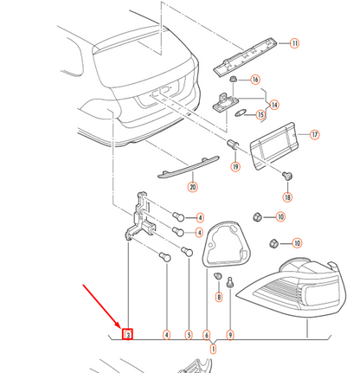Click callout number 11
pyautogui.click(x=294, y=43)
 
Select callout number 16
pyautogui.click(x=255, y=80)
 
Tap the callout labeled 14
pyautogui.click(x=274, y=105)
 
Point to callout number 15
pyautogui.click(x=260, y=114)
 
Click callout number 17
pyautogui.click(x=314, y=134)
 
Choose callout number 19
pyautogui.click(x=235, y=166)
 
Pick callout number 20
pyautogui.click(x=193, y=187)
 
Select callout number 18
pyautogui.click(x=287, y=197)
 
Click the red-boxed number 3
pyautogui.click(x=127, y=334)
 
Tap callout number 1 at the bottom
pyautogui.click(x=213, y=349)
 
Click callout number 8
pyautogui.click(x=219, y=297)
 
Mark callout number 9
pyautogui.click(x=230, y=335)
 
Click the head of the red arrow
pyautogui.click(x=120, y=327)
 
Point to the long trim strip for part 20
pyautogui.click(x=189, y=167)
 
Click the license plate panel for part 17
pyautogui.click(x=273, y=146)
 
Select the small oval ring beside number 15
pyautogui.click(x=240, y=113)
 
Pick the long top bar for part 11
pyautogui.click(x=245, y=55)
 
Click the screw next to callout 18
pyautogui.click(x=287, y=175)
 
